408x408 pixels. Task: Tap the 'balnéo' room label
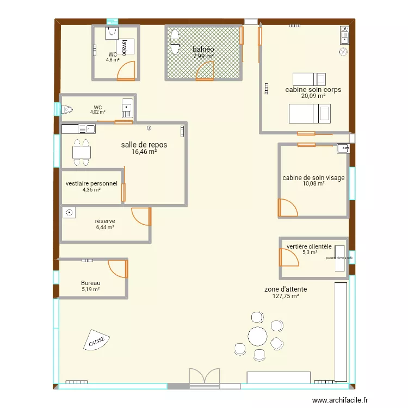tap(203, 50)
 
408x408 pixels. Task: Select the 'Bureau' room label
tap(90, 283)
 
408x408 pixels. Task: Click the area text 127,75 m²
tap(286, 296)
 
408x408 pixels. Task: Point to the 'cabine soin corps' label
tap(313, 89)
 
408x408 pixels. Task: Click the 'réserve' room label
tap(104, 221)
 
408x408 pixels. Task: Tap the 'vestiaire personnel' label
tap(91, 183)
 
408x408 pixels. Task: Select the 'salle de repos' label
tap(144, 145)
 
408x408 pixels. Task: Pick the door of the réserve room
tap(141, 216)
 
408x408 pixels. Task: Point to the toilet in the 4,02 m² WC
tap(67, 110)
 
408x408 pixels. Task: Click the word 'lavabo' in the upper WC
tap(125, 47)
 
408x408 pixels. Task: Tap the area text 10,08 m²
tap(313, 184)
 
